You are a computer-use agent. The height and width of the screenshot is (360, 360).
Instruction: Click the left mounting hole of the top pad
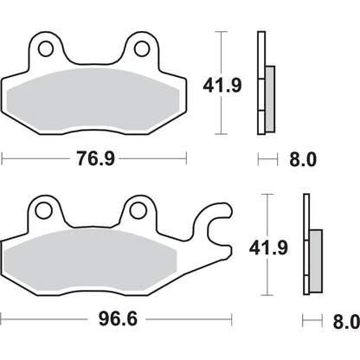click(x=46, y=48)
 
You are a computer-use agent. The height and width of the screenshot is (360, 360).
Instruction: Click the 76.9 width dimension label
click(x=94, y=158)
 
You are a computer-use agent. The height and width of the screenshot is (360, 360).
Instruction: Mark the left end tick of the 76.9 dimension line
click(x=3, y=158)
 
